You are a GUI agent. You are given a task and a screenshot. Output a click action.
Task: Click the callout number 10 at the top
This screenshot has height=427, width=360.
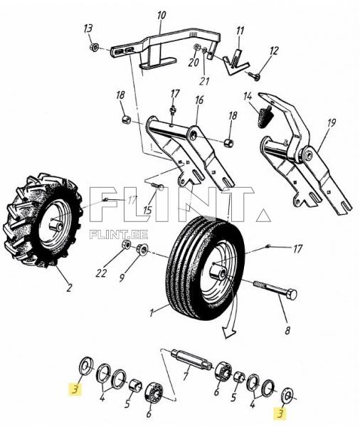(162, 16)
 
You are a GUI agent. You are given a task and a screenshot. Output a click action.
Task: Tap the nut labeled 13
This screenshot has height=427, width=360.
(94, 47)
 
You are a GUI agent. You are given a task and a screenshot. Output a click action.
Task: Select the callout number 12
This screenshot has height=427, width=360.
(274, 51)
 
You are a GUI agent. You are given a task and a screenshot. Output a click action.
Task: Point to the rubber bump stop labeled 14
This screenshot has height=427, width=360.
(265, 115)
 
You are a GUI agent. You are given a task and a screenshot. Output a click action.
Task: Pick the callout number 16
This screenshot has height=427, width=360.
(199, 100)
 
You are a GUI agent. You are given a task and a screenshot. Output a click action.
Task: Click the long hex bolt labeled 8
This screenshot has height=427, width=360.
(275, 290)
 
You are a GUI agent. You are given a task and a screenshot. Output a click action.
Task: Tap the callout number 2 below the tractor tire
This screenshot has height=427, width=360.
(69, 288)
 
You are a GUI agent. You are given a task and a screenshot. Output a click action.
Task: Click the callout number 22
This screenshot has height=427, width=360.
(101, 273)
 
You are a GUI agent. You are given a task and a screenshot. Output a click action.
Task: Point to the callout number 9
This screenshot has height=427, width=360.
(122, 278)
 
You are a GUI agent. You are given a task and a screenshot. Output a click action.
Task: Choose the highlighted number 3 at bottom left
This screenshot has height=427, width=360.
(75, 389)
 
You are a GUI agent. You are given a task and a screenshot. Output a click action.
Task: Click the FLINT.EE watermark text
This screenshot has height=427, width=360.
(119, 234)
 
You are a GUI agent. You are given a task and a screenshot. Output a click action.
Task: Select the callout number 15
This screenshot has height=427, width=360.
(147, 210)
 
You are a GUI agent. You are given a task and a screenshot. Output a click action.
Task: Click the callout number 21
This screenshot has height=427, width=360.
(205, 81)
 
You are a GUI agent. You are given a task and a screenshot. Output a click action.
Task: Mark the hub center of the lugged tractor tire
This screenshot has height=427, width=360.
(55, 226)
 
